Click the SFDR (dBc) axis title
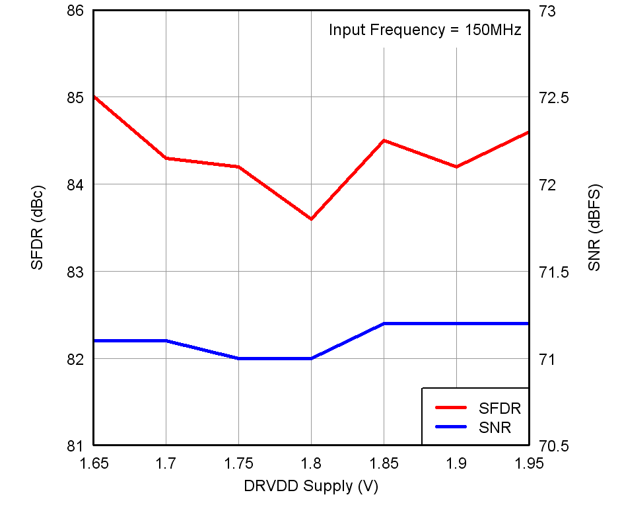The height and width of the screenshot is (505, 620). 37,227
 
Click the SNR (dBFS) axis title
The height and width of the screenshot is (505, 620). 594,227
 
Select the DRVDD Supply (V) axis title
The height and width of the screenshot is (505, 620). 311,486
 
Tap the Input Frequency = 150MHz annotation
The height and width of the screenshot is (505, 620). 425,30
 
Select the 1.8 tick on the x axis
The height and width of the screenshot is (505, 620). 311,463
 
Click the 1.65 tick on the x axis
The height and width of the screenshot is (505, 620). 93,463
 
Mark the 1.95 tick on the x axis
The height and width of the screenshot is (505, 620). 528,463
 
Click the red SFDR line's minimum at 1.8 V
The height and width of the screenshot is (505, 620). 311,219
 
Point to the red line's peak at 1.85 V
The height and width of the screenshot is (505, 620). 384,141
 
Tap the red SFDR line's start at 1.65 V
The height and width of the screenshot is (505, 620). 94,97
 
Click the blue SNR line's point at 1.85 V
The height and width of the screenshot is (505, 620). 384,324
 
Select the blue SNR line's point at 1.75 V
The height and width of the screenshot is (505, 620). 238,358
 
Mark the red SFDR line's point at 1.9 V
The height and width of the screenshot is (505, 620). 456,167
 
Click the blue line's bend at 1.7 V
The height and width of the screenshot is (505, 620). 166,341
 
